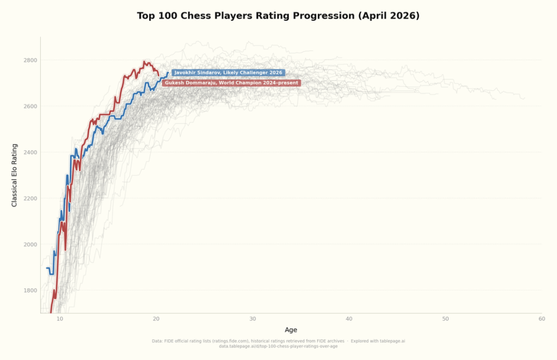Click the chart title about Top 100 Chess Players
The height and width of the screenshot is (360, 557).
pos(278,16)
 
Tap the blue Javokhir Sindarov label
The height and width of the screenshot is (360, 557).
pos(228,73)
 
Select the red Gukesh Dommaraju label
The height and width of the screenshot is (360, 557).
pos(231,83)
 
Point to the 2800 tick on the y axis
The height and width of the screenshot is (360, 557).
pos(30,60)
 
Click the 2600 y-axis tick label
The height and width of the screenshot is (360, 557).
pos(30,106)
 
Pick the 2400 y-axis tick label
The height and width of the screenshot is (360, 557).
pos(30,152)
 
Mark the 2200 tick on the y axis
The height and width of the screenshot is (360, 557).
pos(30,198)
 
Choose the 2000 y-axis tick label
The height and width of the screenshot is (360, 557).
pos(30,244)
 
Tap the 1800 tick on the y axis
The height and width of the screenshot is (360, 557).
pos(30,290)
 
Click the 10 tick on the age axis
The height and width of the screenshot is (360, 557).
pos(60,319)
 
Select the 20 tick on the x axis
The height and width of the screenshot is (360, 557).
pos(156,319)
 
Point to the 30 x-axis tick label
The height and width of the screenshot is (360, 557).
pos(252,319)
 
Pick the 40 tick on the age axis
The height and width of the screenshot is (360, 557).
pos(349,319)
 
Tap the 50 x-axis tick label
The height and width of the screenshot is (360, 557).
pos(445,319)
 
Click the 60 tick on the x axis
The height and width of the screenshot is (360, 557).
pos(541,319)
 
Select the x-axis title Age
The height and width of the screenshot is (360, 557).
pos(291,330)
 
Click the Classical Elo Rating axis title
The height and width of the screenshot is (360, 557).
pos(15,175)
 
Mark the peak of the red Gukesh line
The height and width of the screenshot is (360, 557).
pos(144,62)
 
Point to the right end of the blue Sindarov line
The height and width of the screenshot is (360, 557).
pos(168,73)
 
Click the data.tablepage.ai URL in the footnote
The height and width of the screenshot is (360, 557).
pos(278,346)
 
